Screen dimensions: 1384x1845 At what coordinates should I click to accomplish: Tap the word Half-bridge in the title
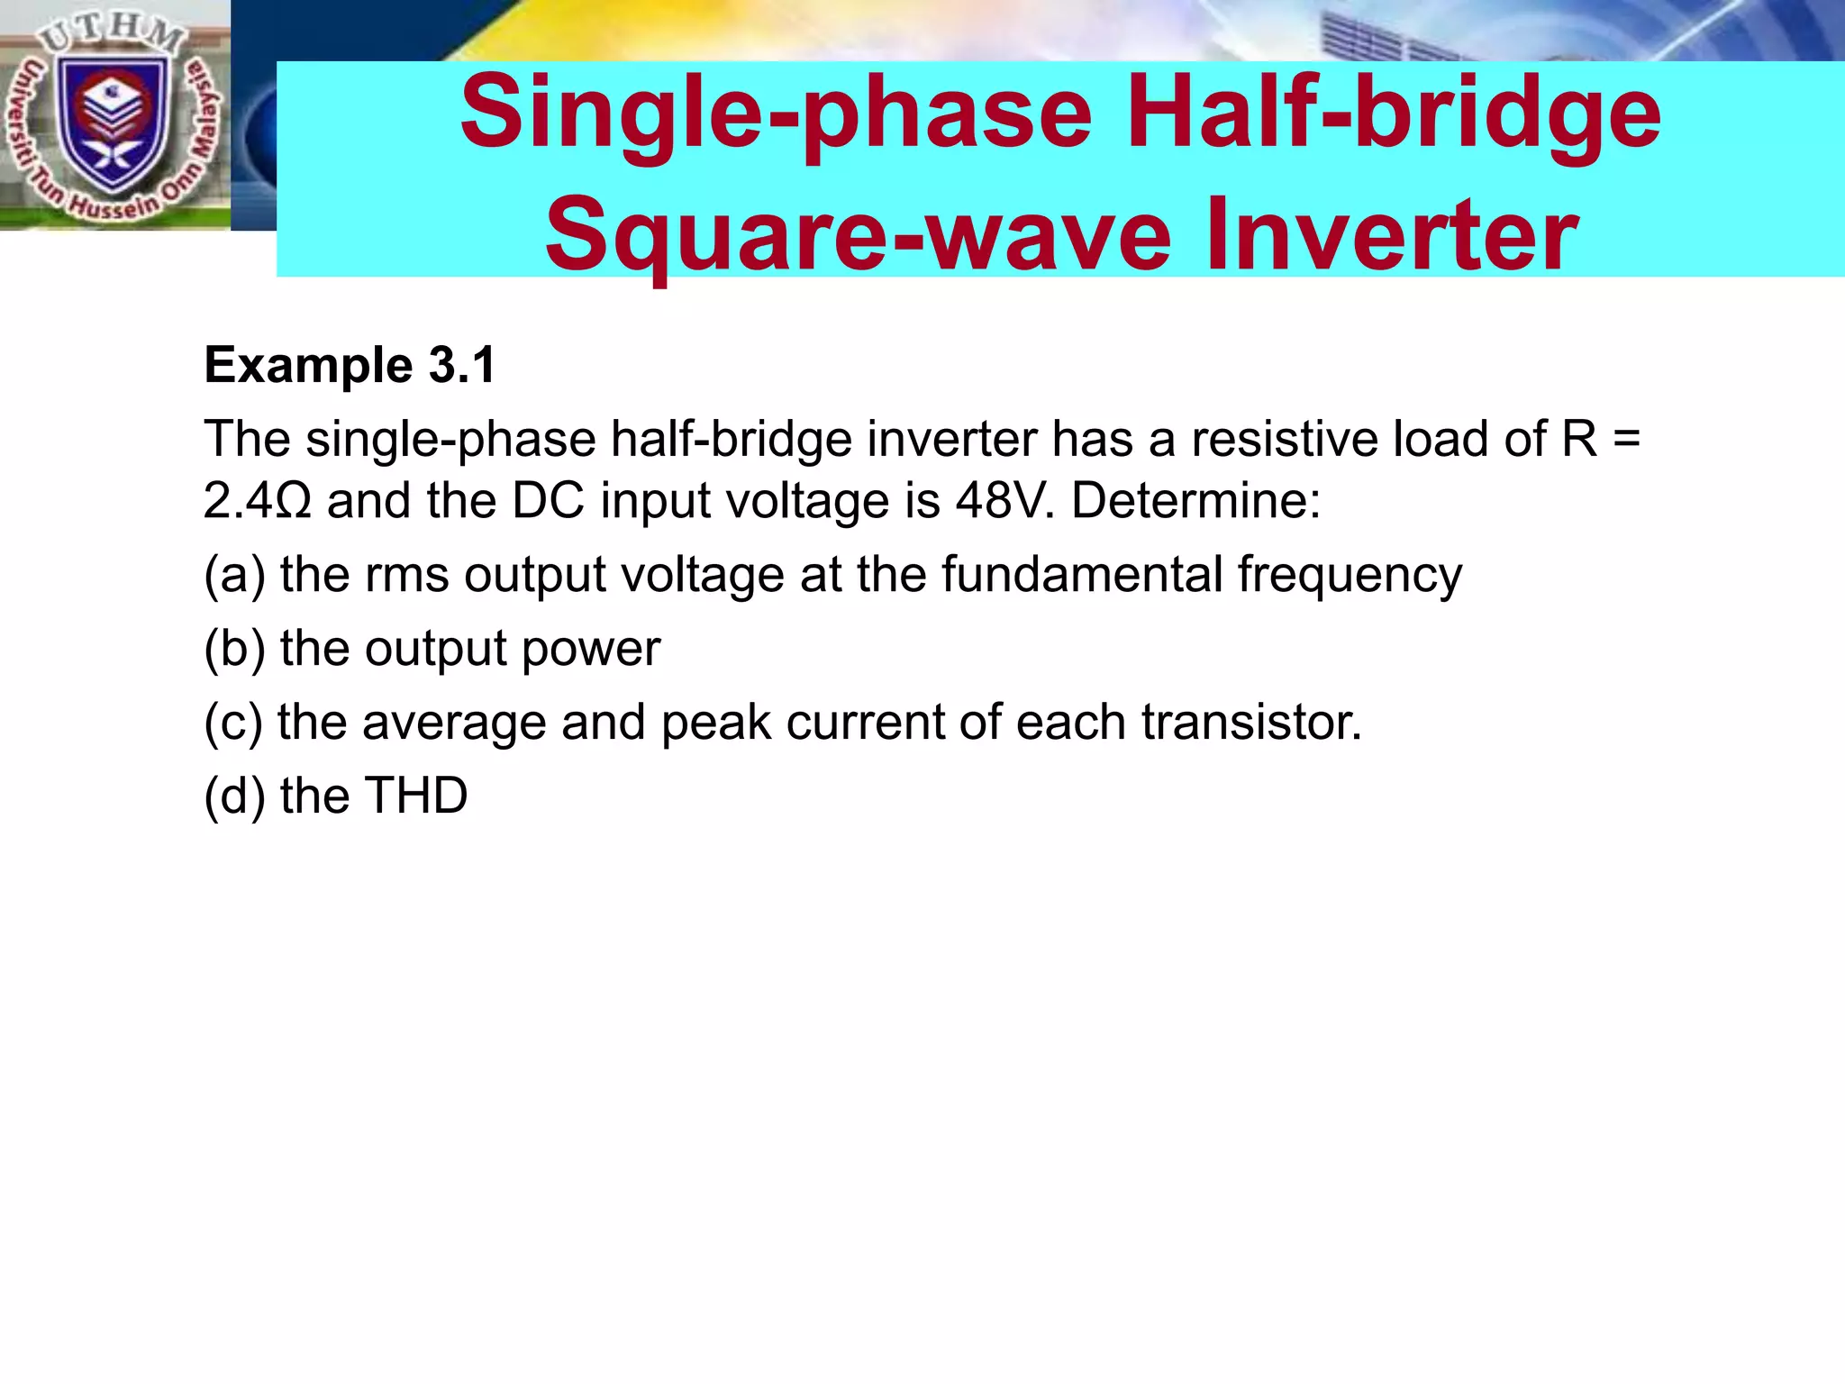pos(1393,114)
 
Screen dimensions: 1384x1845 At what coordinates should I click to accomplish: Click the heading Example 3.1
pos(350,365)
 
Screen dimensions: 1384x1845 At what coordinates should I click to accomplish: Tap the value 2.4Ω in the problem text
pos(258,501)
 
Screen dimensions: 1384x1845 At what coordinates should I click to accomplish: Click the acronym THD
pos(415,797)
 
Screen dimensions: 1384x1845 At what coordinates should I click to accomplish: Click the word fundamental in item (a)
pos(1082,575)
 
